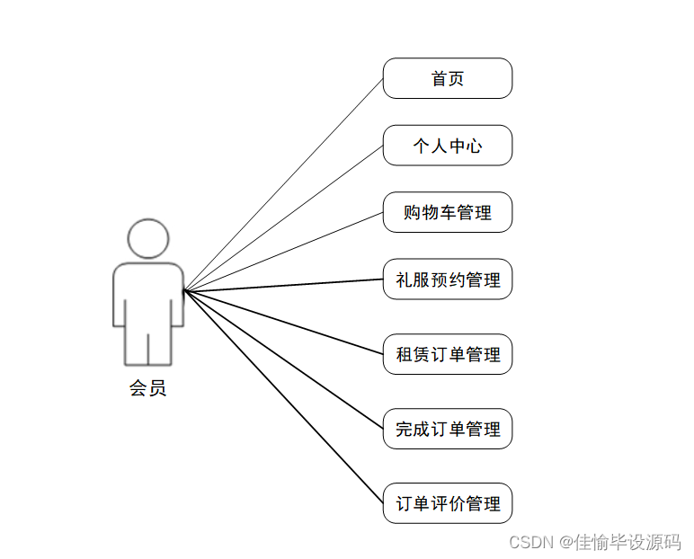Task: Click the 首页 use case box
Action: pyautogui.click(x=448, y=78)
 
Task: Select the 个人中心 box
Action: pyautogui.click(x=448, y=146)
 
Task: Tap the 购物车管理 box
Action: pyautogui.click(x=448, y=212)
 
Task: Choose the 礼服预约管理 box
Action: pyautogui.click(x=448, y=279)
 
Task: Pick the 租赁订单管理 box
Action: pyautogui.click(x=448, y=354)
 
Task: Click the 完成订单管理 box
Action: pyautogui.click(x=448, y=429)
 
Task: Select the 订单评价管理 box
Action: pyautogui.click(x=448, y=503)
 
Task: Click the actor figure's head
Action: pyautogui.click(x=148, y=237)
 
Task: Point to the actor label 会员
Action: pyautogui.click(x=148, y=388)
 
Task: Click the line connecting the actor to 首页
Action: pyautogui.click(x=284, y=184)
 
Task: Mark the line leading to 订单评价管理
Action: pyautogui.click(x=284, y=396)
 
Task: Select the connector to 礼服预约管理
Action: pyautogui.click(x=284, y=285)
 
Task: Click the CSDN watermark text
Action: pyautogui.click(x=530, y=542)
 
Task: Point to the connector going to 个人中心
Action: pyautogui.click(x=284, y=218)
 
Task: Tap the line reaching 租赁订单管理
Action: pyautogui.click(x=284, y=322)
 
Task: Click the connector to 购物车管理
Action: pyautogui.click(x=284, y=252)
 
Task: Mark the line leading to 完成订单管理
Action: pyautogui.click(x=284, y=359)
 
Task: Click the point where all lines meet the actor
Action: pyautogui.click(x=184, y=290)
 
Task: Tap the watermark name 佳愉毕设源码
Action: pyautogui.click(x=628, y=542)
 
